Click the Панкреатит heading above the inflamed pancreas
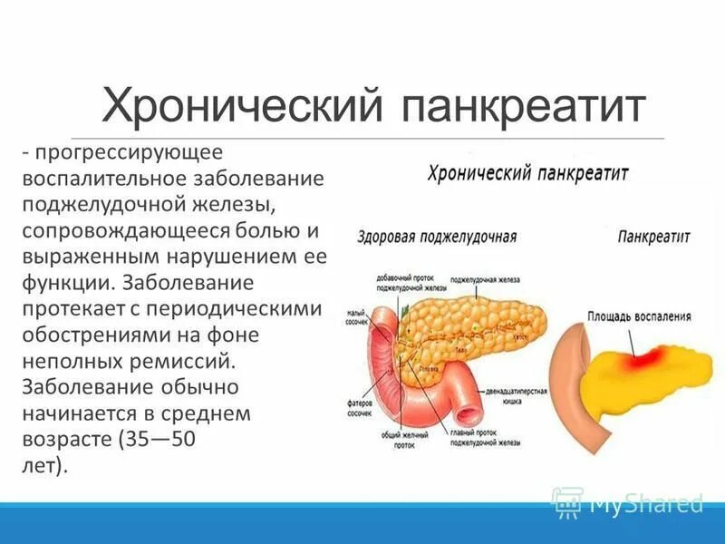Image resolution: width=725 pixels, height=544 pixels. point(653,237)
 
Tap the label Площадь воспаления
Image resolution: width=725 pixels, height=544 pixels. point(639,317)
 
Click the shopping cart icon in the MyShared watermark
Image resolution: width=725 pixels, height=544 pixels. point(567,501)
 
